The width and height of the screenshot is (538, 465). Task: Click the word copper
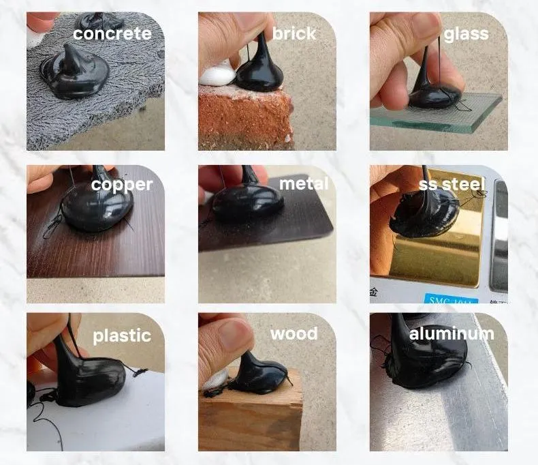click(122, 184)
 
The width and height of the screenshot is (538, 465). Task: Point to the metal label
click(304, 183)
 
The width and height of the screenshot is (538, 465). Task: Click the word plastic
click(122, 335)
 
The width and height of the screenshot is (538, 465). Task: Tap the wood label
click(294, 333)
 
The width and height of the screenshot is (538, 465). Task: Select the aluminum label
click(452, 333)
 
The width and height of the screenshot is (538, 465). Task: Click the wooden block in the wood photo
click(252, 419)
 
